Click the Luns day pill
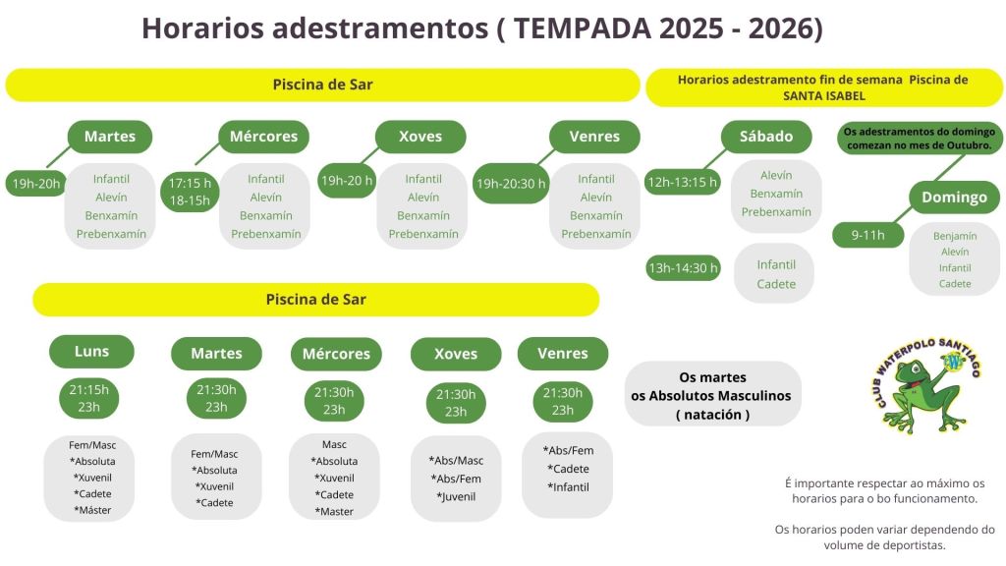[91, 352]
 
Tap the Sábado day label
[766, 137]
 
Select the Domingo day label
[954, 197]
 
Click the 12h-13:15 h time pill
[682, 182]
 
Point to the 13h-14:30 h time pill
[684, 267]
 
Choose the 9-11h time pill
[868, 235]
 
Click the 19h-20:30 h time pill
[511, 184]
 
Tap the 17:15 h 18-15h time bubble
[190, 192]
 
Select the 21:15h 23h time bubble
[89, 398]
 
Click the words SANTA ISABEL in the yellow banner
[824, 96]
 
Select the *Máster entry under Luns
[94, 510]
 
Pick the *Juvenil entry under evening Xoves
[456, 496]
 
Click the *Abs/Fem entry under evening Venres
[568, 450]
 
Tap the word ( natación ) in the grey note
[713, 415]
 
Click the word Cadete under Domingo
[955, 284]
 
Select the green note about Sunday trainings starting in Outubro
[920, 138]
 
